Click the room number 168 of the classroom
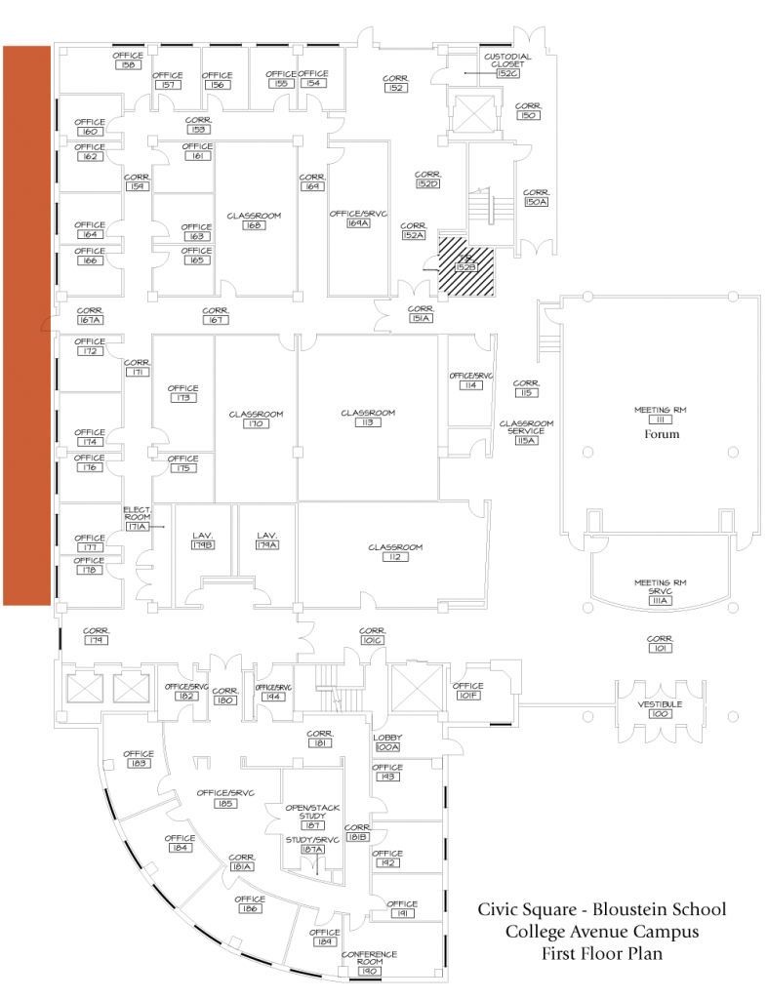coord(254,225)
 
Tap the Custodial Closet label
coord(506,64)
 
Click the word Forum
coord(661,434)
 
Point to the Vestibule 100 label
coord(660,709)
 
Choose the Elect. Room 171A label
coord(137,519)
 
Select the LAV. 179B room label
coord(202,540)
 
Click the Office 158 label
coord(128,60)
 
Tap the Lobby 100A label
coord(387,742)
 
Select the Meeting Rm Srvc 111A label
coord(661,591)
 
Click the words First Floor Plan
coord(601,953)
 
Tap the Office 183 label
coord(138,758)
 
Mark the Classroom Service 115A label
coord(527,431)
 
